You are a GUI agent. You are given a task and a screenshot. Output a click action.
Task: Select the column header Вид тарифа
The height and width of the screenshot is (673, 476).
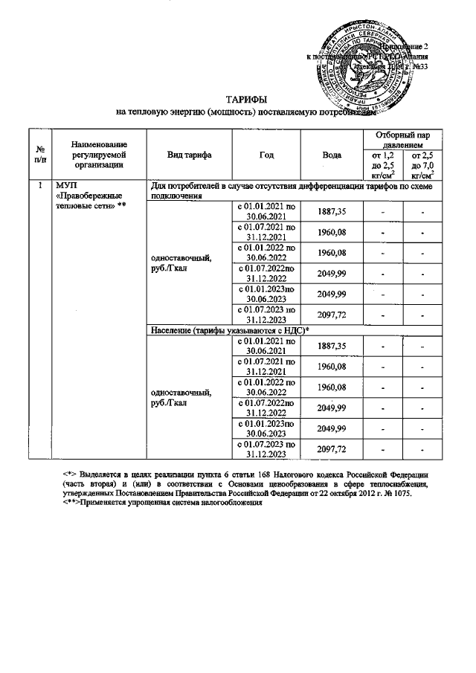[x=190, y=155]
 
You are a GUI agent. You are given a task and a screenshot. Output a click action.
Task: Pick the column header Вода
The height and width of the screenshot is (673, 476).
[x=332, y=155]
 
